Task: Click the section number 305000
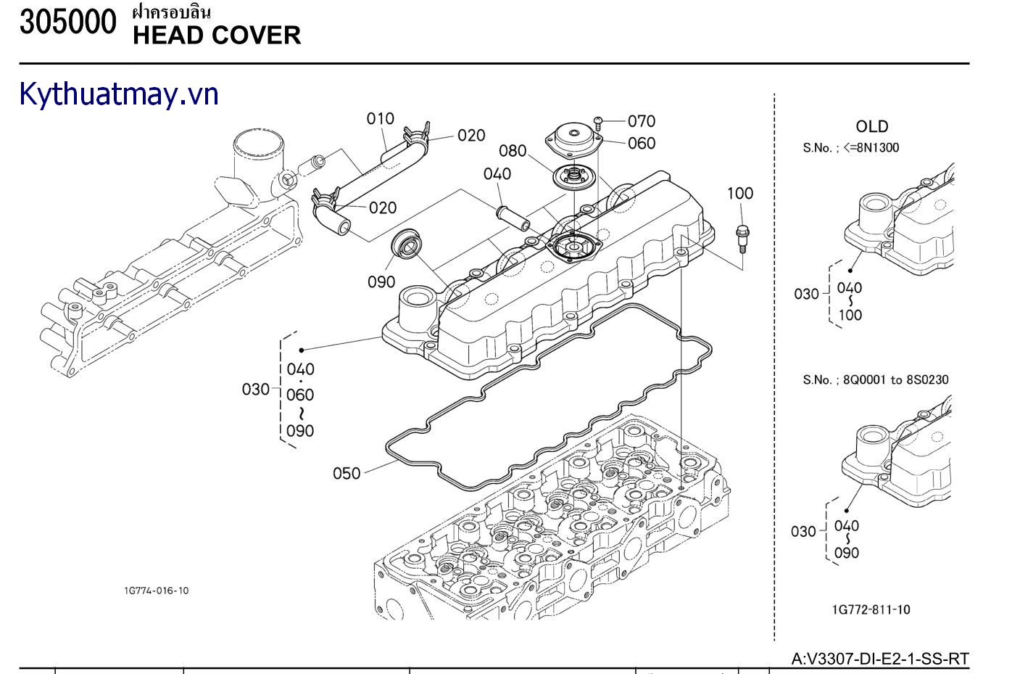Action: pyautogui.click(x=67, y=22)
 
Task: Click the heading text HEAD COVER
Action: pyautogui.click(x=217, y=35)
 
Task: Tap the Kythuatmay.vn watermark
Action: pyautogui.click(x=119, y=94)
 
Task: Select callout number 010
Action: pyautogui.click(x=380, y=118)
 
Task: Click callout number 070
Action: pyautogui.click(x=641, y=121)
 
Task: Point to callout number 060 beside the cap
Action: pyautogui.click(x=641, y=143)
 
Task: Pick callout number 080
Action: pyautogui.click(x=513, y=151)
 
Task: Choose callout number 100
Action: pyautogui.click(x=739, y=193)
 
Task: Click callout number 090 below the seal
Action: pyautogui.click(x=381, y=281)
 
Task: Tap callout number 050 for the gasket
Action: pyautogui.click(x=347, y=473)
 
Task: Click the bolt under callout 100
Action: pyautogui.click(x=741, y=237)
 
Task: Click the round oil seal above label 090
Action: pyautogui.click(x=408, y=244)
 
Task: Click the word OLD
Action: pyautogui.click(x=871, y=127)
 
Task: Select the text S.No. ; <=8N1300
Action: pyautogui.click(x=850, y=148)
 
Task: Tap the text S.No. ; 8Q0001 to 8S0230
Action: pyautogui.click(x=875, y=379)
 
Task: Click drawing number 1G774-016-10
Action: pyautogui.click(x=156, y=591)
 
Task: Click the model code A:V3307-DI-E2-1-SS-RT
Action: pyautogui.click(x=879, y=659)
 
